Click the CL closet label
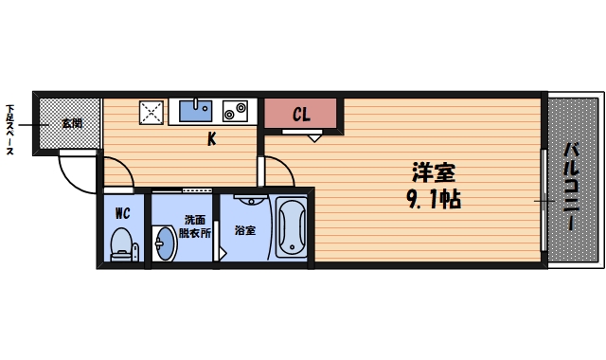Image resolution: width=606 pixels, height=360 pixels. pos(301,115)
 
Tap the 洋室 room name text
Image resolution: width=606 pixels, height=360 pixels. pos(434,174)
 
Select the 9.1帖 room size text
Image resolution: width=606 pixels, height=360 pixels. pos(433,200)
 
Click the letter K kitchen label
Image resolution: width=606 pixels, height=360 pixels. pos(213,140)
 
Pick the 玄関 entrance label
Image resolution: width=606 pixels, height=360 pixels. pos(72,123)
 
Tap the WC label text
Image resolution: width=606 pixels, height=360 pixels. pos(123,213)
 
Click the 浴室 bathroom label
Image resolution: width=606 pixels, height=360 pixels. pos(245,230)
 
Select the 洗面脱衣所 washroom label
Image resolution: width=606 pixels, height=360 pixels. pos(197,226)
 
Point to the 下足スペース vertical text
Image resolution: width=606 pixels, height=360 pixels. pos(11,130)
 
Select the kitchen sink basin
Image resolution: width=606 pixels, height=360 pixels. pos(199,111)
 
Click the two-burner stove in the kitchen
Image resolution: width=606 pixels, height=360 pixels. pos(236,112)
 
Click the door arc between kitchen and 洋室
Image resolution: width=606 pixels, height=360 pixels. pos(276,171)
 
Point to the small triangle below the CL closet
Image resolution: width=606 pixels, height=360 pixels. pos(314,137)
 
